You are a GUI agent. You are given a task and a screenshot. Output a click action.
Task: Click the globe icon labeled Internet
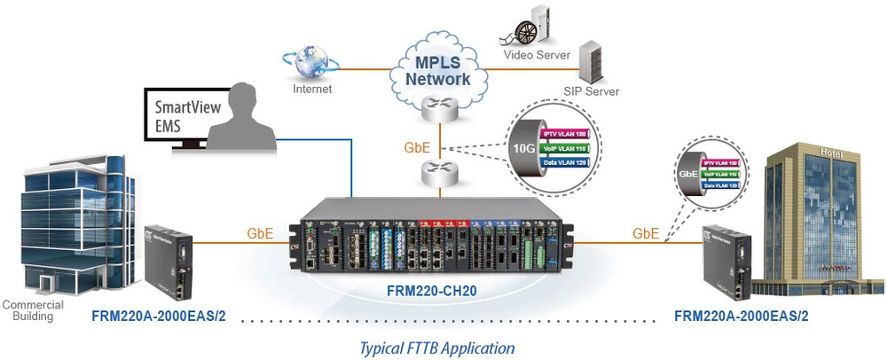click(310, 63)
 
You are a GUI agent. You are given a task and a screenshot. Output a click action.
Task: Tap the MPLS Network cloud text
click(437, 71)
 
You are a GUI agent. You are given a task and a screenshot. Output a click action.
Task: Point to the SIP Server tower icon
click(591, 62)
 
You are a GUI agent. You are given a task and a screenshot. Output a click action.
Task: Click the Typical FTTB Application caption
click(436, 348)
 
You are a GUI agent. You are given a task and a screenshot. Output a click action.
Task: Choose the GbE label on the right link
click(647, 233)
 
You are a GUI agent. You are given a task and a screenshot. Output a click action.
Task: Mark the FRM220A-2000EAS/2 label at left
click(159, 315)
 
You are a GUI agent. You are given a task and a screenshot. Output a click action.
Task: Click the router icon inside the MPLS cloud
click(436, 106)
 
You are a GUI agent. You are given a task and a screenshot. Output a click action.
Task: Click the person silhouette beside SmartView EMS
click(238, 114)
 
